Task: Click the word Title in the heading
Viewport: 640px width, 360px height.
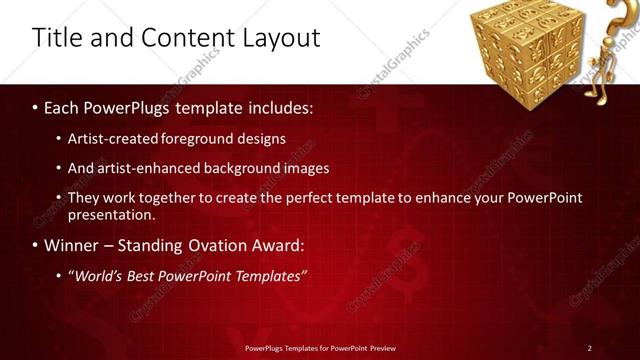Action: tap(56, 38)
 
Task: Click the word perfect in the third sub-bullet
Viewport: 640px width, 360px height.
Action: tap(286, 198)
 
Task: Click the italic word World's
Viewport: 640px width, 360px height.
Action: tap(96, 275)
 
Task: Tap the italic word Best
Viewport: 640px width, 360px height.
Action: tap(143, 275)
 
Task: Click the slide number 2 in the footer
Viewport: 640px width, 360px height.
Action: tap(590, 347)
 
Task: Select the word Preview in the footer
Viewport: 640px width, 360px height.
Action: tap(380, 347)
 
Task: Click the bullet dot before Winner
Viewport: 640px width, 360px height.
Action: tap(36, 245)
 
